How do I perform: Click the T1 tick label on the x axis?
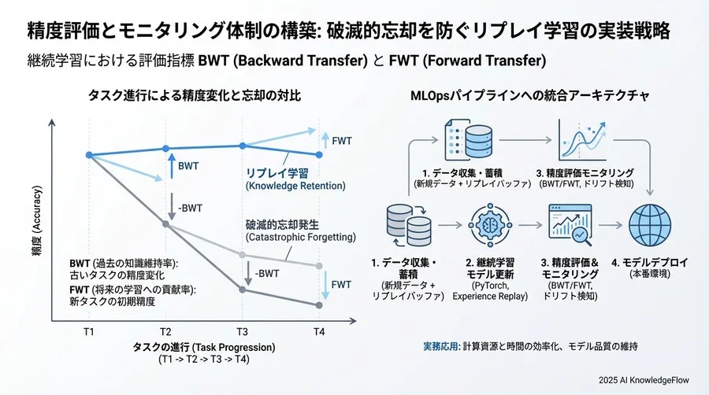(x=88, y=332)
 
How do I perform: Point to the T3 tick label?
(x=243, y=332)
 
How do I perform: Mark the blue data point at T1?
(x=89, y=154)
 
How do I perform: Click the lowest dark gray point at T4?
(x=319, y=305)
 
